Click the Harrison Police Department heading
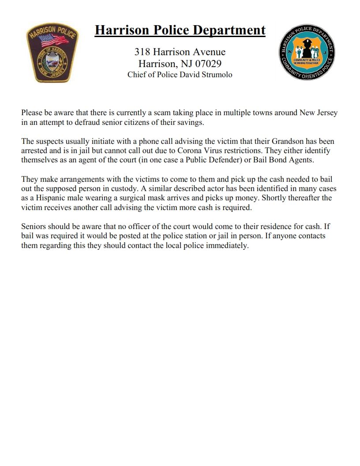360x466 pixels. click(180, 30)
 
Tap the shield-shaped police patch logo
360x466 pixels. click(52, 53)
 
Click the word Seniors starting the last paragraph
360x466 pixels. click(34, 227)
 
